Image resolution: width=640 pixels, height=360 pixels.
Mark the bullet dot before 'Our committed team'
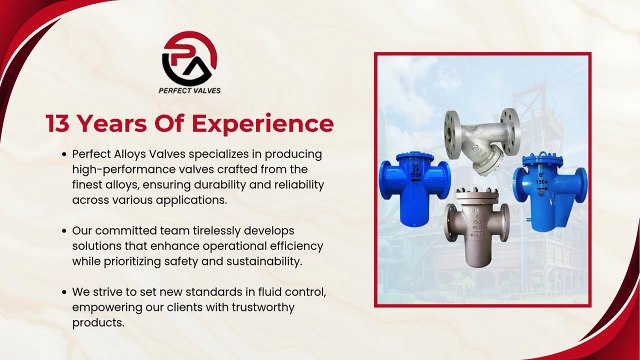pyautogui.click(x=64, y=230)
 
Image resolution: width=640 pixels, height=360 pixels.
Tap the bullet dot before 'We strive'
pyautogui.click(x=64, y=291)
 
